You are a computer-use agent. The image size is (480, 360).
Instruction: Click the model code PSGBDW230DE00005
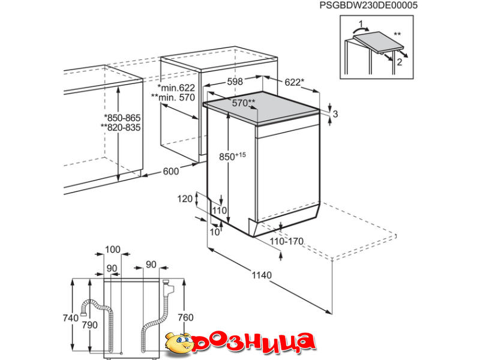coord(368,5)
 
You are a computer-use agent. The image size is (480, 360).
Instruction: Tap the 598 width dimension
coord(235,82)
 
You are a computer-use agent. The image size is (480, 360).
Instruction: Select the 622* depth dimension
coord(295,82)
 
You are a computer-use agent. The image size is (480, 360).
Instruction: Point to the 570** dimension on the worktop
coord(244,103)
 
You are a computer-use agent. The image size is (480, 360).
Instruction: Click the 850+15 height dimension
coord(232,156)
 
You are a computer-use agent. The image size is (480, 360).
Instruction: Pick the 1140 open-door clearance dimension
coord(262,275)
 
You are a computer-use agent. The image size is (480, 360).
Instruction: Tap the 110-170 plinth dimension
coord(287,242)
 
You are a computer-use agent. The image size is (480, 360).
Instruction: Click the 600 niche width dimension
coord(170,172)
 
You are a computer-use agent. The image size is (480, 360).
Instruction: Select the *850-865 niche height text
coord(122,118)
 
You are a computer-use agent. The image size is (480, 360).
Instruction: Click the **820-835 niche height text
coord(121,127)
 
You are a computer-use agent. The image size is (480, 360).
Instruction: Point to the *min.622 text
coord(176,88)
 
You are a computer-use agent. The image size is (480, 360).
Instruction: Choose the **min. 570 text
coord(173,97)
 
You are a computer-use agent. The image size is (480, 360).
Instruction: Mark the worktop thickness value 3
coord(335,114)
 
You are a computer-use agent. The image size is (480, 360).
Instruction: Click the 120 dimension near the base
coord(185,199)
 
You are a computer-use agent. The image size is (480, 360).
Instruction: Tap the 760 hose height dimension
coord(185,317)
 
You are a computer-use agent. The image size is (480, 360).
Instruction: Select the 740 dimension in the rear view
coord(71,318)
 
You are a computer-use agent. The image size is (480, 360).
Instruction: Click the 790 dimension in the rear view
coord(89,325)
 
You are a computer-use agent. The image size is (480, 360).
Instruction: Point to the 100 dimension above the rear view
coord(113,250)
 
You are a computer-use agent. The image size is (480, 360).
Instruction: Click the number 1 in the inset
coord(361,24)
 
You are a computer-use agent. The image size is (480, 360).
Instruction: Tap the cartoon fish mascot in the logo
coord(179,343)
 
